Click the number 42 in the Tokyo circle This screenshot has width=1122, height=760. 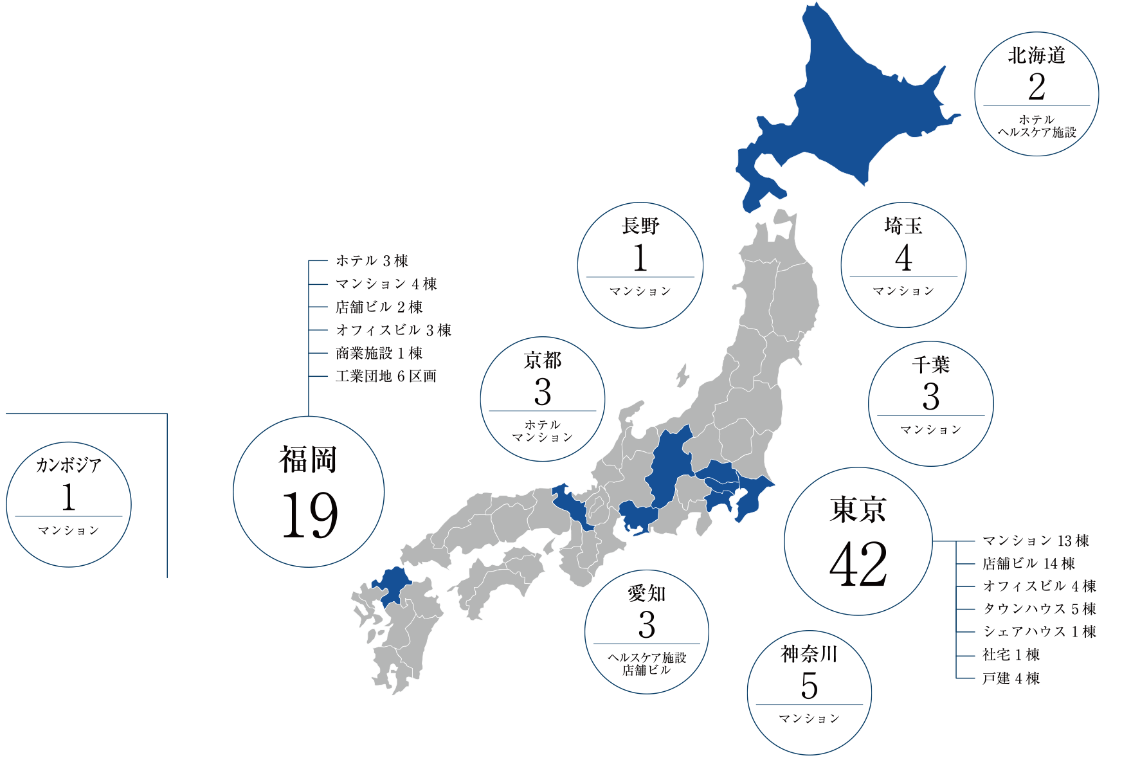pyautogui.click(x=858, y=565)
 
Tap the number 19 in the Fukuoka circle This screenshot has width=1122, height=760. pyautogui.click(x=309, y=515)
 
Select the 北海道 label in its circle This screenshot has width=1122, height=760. pyautogui.click(x=1036, y=56)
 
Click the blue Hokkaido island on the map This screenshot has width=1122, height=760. pyautogui.click(x=849, y=109)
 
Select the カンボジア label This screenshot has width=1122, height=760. pyautogui.click(x=68, y=465)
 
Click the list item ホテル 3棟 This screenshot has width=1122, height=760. pyautogui.click(x=372, y=261)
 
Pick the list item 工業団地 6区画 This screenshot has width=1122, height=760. pyautogui.click(x=386, y=376)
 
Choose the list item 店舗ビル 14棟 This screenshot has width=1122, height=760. pyautogui.click(x=1029, y=564)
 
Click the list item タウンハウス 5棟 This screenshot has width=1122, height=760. pyautogui.click(x=1039, y=609)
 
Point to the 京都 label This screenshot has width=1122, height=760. pyautogui.click(x=542, y=361)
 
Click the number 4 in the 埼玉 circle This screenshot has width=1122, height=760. pyautogui.click(x=903, y=258)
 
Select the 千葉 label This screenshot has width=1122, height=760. pyautogui.click(x=930, y=365)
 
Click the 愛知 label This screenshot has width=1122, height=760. pyautogui.click(x=646, y=593)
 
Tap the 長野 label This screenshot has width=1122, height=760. pyautogui.click(x=640, y=226)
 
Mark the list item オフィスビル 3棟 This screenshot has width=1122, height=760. pyautogui.click(x=394, y=330)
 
